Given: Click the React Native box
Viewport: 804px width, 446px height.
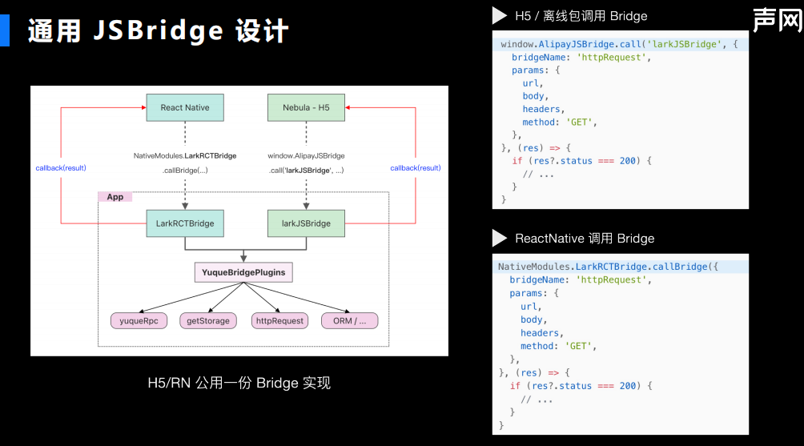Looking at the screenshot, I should pyautogui.click(x=184, y=107).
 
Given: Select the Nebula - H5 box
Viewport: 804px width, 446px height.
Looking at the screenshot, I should pyautogui.click(x=306, y=107).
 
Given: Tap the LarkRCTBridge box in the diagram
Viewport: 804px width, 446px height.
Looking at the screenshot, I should pyautogui.click(x=184, y=223).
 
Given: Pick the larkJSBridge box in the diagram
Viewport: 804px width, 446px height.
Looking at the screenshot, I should pyautogui.click(x=306, y=223).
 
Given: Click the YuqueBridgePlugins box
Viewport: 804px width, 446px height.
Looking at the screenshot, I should pyautogui.click(x=243, y=272).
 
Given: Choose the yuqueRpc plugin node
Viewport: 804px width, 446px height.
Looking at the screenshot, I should pyautogui.click(x=139, y=321).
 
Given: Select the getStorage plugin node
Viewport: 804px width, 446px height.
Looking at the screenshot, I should pyautogui.click(x=208, y=321).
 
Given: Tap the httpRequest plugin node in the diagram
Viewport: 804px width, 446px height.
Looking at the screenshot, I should pyautogui.click(x=279, y=321).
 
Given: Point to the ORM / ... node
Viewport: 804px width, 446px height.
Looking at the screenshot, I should pyautogui.click(x=349, y=321).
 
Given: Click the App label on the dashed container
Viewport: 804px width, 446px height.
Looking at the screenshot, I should pyautogui.click(x=115, y=197).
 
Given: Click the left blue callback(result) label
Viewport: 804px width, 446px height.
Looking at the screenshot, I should pyautogui.click(x=61, y=168).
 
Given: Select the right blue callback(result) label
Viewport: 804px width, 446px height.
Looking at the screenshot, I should pyautogui.click(x=415, y=168).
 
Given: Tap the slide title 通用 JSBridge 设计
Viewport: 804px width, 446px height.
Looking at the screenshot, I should pyautogui.click(x=158, y=31).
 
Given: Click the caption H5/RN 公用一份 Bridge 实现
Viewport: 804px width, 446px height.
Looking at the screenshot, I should pyautogui.click(x=239, y=383).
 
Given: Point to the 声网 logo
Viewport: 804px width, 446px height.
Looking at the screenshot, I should pyautogui.click(x=776, y=20).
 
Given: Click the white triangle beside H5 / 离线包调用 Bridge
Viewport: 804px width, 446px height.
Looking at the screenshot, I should pyautogui.click(x=500, y=15).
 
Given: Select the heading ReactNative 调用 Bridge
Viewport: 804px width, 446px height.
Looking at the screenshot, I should pyautogui.click(x=585, y=238).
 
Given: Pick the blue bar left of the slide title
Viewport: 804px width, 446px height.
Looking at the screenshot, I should pyautogui.click(x=5, y=30).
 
